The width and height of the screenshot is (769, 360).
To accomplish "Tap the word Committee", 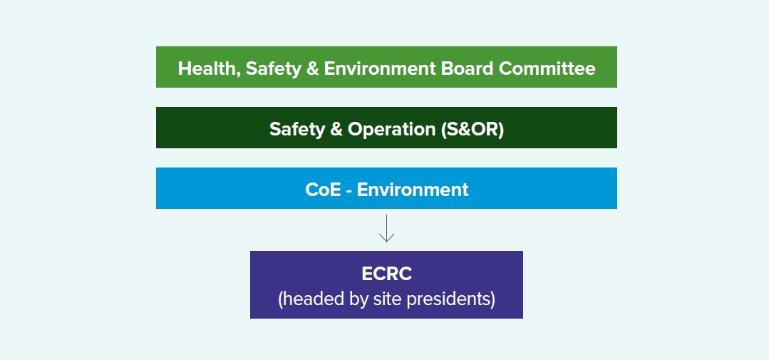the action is coord(547,68).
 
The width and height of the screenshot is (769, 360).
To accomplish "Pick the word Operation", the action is coord(391,129).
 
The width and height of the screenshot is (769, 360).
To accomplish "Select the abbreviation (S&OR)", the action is coord(473,129).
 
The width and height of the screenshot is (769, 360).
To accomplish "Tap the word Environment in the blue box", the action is coord(413,190).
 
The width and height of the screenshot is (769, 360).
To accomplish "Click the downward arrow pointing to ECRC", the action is coord(386,228).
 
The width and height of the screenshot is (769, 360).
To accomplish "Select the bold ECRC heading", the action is coord(386,274).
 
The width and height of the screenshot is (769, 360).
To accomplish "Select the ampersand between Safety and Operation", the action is coord(336,129).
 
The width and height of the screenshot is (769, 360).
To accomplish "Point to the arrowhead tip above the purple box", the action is coord(386,242).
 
